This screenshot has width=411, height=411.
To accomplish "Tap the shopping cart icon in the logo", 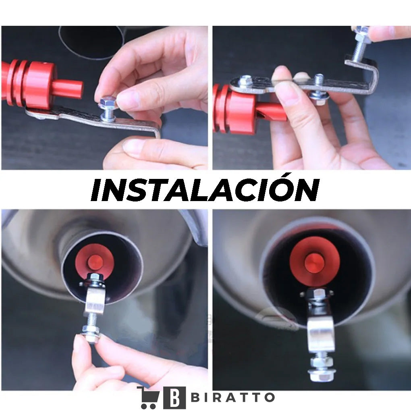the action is point(149,398).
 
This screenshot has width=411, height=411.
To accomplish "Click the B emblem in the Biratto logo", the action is point(174,398).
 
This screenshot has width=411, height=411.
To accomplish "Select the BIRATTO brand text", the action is point(233,398).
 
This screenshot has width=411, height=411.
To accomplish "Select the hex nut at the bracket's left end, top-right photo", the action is point(245,81).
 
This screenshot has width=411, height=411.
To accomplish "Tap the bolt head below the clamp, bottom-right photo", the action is point(320,375).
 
